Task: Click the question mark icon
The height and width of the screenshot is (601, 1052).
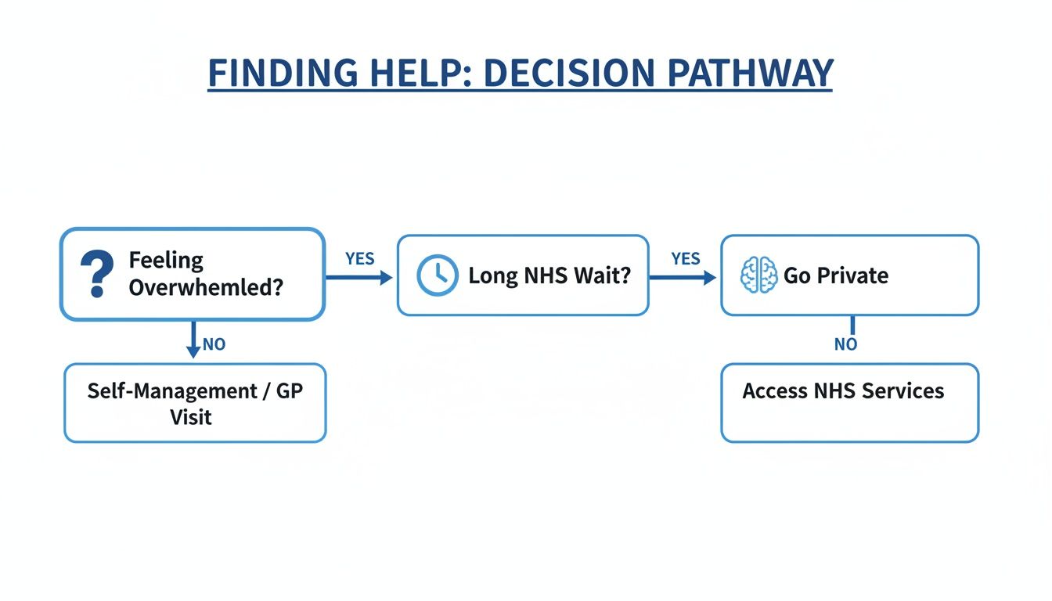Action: pyautogui.click(x=97, y=274)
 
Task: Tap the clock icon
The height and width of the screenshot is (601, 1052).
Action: pyautogui.click(x=437, y=275)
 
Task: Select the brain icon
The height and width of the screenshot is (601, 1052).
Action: pyautogui.click(x=758, y=275)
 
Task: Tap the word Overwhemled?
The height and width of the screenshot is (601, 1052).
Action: pyautogui.click(x=206, y=287)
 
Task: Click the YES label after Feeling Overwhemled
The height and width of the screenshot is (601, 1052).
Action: pyautogui.click(x=360, y=259)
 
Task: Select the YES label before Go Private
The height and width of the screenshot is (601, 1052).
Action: pyautogui.click(x=686, y=259)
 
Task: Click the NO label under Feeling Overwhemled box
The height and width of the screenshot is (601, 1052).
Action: pyautogui.click(x=214, y=344)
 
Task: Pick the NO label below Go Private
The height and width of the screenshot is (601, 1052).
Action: pyautogui.click(x=845, y=344)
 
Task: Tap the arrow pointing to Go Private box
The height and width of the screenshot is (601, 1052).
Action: pyautogui.click(x=683, y=277)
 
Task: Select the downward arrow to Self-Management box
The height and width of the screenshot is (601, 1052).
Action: pyautogui.click(x=193, y=340)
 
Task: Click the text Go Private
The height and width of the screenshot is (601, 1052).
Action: pyautogui.click(x=836, y=275)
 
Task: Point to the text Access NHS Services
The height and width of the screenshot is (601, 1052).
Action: pyautogui.click(x=843, y=390)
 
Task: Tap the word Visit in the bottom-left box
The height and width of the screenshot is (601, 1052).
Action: pyautogui.click(x=191, y=416)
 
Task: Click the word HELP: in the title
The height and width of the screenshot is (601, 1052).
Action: pyautogui.click(x=420, y=74)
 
